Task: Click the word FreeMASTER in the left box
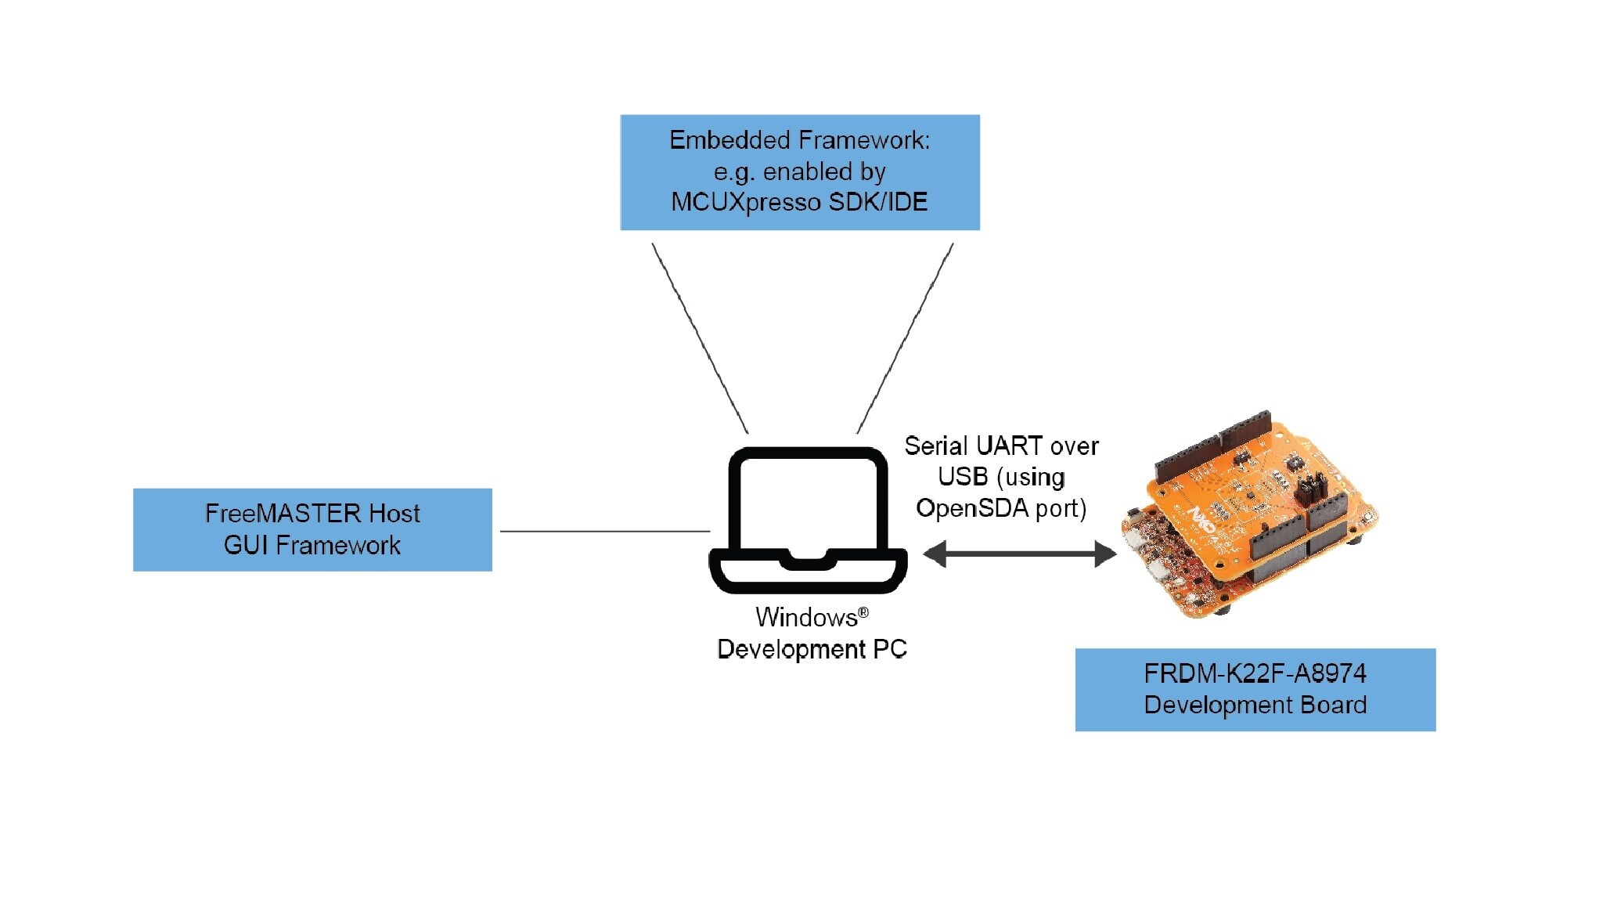click(284, 514)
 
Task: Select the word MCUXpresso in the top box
click(746, 202)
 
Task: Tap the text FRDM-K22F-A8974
click(1255, 673)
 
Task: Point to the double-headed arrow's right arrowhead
click(1105, 554)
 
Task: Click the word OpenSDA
click(972, 508)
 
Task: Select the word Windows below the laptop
click(806, 618)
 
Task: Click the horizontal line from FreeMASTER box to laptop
click(604, 531)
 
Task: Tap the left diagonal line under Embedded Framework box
click(700, 338)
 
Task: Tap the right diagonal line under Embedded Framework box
click(906, 338)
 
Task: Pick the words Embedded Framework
click(799, 140)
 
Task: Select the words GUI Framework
click(312, 545)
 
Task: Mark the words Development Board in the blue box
click(1255, 705)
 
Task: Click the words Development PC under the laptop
click(812, 649)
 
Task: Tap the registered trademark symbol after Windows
click(863, 612)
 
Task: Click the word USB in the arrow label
click(963, 477)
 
